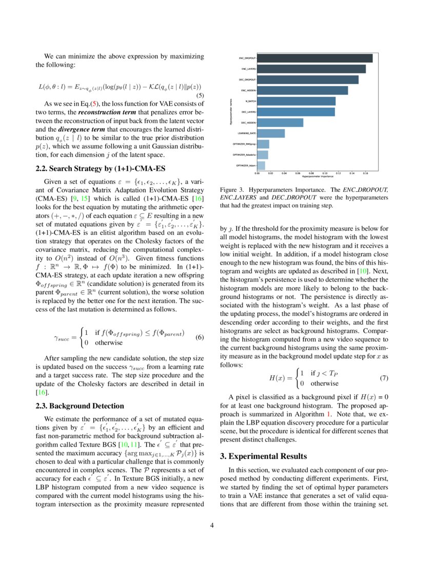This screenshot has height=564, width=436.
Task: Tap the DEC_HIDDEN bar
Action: click(x=280, y=123)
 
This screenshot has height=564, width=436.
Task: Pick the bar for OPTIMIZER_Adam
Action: click(x=261, y=166)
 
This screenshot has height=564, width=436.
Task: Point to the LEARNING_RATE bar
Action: click(x=271, y=133)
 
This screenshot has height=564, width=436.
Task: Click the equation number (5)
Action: click(x=201, y=95)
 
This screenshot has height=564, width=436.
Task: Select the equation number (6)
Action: click(x=201, y=338)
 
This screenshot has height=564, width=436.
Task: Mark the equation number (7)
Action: click(x=384, y=378)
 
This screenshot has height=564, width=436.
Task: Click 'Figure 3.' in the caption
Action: click(x=230, y=189)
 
